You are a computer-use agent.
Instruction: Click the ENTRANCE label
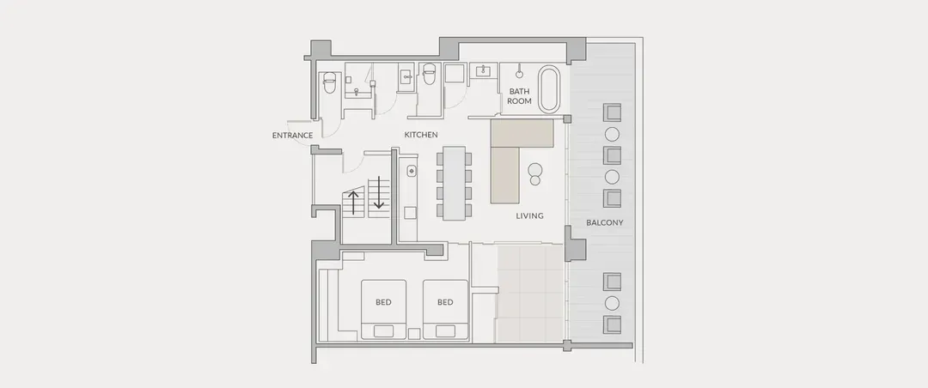pos(292,136)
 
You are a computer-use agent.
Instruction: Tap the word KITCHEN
pos(421,135)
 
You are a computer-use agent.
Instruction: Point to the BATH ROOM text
pos(519,96)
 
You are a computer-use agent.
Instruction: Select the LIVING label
pos(529,215)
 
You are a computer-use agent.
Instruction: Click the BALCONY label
pos(604,223)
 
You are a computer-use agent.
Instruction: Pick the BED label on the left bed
pos(383,302)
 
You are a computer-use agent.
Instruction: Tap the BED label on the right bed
pos(445,302)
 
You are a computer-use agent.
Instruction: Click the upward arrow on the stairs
pos(354,203)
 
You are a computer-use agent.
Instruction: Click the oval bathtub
pos(548,88)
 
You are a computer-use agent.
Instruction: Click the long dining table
pos(455,183)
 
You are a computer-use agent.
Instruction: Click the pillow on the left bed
pos(383,331)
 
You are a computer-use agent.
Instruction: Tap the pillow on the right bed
pos(445,331)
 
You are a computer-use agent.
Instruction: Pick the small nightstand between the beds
pos(414,334)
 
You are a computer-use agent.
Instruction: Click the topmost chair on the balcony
pos(612,112)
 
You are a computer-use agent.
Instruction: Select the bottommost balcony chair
pos(612,324)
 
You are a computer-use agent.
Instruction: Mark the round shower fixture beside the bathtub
pos(519,75)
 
